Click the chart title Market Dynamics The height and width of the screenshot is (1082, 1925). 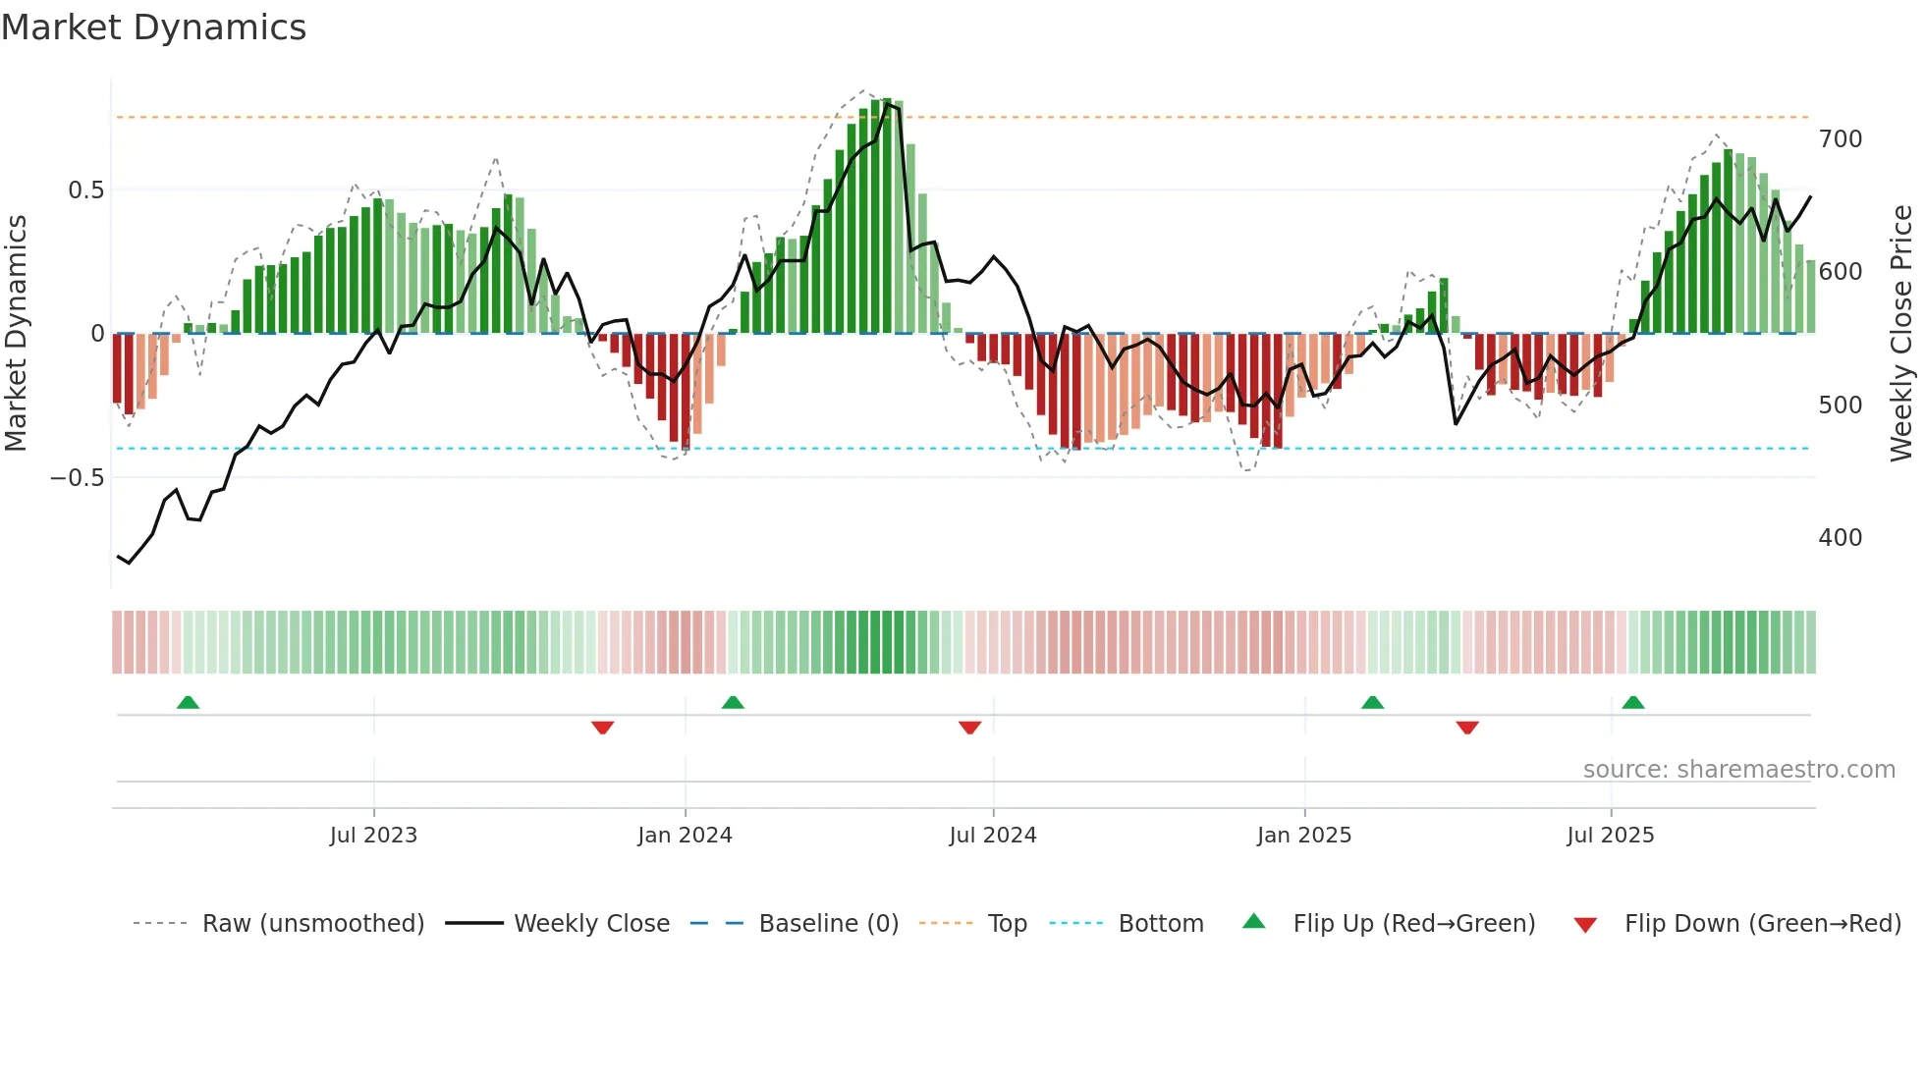tap(154, 27)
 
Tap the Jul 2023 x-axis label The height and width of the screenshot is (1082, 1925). tap(373, 836)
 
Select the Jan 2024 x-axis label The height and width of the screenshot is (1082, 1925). tap(685, 836)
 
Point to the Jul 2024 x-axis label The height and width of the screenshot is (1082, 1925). tap(993, 836)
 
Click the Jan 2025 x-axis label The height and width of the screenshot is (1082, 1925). tap(1304, 836)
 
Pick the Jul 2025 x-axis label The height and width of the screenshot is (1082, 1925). tap(1611, 836)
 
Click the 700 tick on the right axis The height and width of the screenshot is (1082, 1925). tap(1840, 139)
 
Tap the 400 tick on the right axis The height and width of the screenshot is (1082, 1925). tap(1840, 538)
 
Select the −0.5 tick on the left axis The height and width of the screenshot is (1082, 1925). tap(77, 478)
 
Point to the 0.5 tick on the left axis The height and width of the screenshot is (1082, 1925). tap(85, 190)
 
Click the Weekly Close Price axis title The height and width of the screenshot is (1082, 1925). tap(1901, 334)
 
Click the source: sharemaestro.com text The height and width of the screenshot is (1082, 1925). tap(1738, 770)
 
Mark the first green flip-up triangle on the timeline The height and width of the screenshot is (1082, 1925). tap(188, 702)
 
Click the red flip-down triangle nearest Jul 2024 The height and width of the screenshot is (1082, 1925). tap(969, 728)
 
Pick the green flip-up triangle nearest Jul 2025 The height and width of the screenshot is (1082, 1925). tap(1633, 702)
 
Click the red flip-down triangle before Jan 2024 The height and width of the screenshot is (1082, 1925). tap(602, 728)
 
